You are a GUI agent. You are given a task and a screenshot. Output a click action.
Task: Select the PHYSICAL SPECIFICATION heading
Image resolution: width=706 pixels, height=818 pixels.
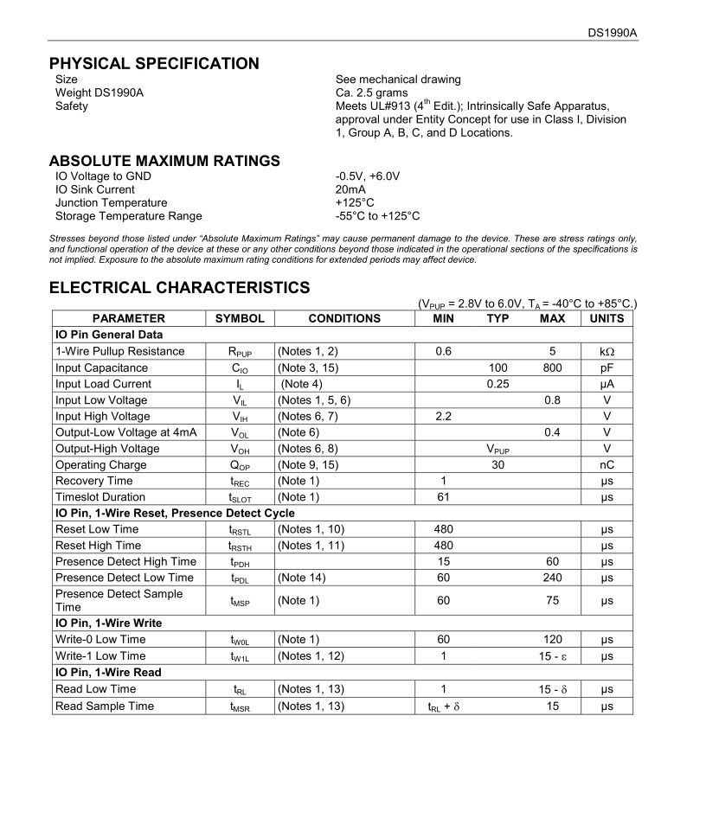coord(154,63)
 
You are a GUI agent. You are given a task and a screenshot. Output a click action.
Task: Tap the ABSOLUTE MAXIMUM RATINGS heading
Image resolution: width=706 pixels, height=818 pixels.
coord(164,161)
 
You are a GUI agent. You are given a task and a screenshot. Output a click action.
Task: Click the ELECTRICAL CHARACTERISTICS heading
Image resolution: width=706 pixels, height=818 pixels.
coord(179,287)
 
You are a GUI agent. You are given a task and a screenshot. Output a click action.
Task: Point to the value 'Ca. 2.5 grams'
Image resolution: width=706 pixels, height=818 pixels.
coord(371,93)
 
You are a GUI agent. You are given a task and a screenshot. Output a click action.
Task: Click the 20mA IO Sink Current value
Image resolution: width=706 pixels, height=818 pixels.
coord(350,189)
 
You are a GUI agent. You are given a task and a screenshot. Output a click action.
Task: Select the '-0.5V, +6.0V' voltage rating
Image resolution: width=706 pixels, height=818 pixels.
coord(368,176)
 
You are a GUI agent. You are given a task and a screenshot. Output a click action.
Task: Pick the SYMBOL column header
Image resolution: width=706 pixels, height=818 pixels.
coord(240,318)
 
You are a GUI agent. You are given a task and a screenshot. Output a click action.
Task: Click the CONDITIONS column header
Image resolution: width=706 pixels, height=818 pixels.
coord(344,318)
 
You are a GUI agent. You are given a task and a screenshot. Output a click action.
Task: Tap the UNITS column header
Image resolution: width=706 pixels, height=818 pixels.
coord(607,318)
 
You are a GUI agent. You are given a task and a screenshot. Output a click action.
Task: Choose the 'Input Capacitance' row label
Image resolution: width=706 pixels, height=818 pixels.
coord(101,367)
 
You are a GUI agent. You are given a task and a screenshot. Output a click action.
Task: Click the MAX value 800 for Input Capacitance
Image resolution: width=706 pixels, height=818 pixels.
coord(552,367)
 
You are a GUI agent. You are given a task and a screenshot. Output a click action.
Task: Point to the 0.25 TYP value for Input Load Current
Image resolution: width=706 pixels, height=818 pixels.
coord(497,384)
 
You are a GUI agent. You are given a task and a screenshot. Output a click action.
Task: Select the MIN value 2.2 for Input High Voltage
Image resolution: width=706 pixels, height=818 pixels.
coord(443,416)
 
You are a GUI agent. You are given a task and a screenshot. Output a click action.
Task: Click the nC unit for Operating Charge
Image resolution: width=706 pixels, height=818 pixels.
coord(607,464)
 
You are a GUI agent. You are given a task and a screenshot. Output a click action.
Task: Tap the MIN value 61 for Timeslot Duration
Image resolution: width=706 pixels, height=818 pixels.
coord(443,497)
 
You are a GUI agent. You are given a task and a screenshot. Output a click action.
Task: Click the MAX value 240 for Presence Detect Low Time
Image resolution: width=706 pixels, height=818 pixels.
coord(552,578)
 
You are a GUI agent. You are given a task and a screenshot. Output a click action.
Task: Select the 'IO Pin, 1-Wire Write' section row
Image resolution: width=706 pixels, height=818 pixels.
coord(108,623)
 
